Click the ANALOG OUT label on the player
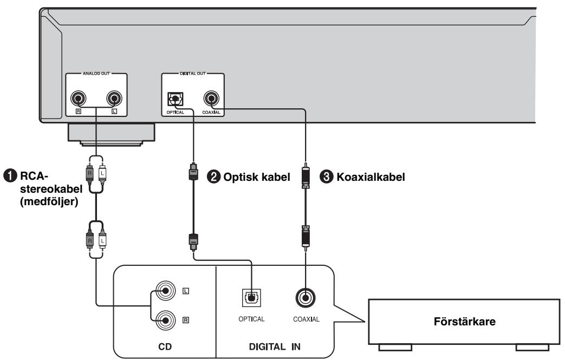(96, 74)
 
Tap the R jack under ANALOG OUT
(78, 98)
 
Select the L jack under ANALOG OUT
(114, 98)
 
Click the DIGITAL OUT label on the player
(193, 74)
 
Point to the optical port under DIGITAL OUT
(176, 99)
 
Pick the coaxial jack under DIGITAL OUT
(211, 98)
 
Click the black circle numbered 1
(10, 176)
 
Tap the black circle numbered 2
(213, 177)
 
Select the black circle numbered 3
(327, 177)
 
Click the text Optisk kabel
(257, 177)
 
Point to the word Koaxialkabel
(371, 177)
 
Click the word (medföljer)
(49, 201)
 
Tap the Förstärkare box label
(464, 321)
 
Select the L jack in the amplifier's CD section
(165, 291)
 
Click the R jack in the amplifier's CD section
(165, 320)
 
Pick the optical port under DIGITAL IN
(251, 298)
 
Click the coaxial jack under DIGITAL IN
(306, 298)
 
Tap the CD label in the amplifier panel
(165, 346)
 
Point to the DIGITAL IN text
(275, 346)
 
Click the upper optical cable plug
(193, 172)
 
